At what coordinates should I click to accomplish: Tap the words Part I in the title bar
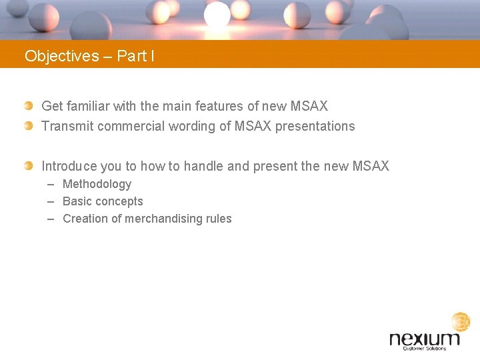click(135, 56)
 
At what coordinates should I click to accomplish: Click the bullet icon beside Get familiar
click(28, 106)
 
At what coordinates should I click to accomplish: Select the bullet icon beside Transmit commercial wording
click(28, 125)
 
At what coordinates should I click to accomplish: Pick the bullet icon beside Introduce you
click(28, 165)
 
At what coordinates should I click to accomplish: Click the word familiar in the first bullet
click(87, 106)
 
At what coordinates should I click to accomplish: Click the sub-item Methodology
click(97, 184)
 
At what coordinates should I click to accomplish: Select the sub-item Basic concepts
click(103, 201)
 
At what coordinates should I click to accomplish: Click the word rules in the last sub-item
click(218, 219)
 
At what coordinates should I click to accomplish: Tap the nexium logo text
click(425, 339)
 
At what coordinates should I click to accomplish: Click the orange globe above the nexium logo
click(460, 322)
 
